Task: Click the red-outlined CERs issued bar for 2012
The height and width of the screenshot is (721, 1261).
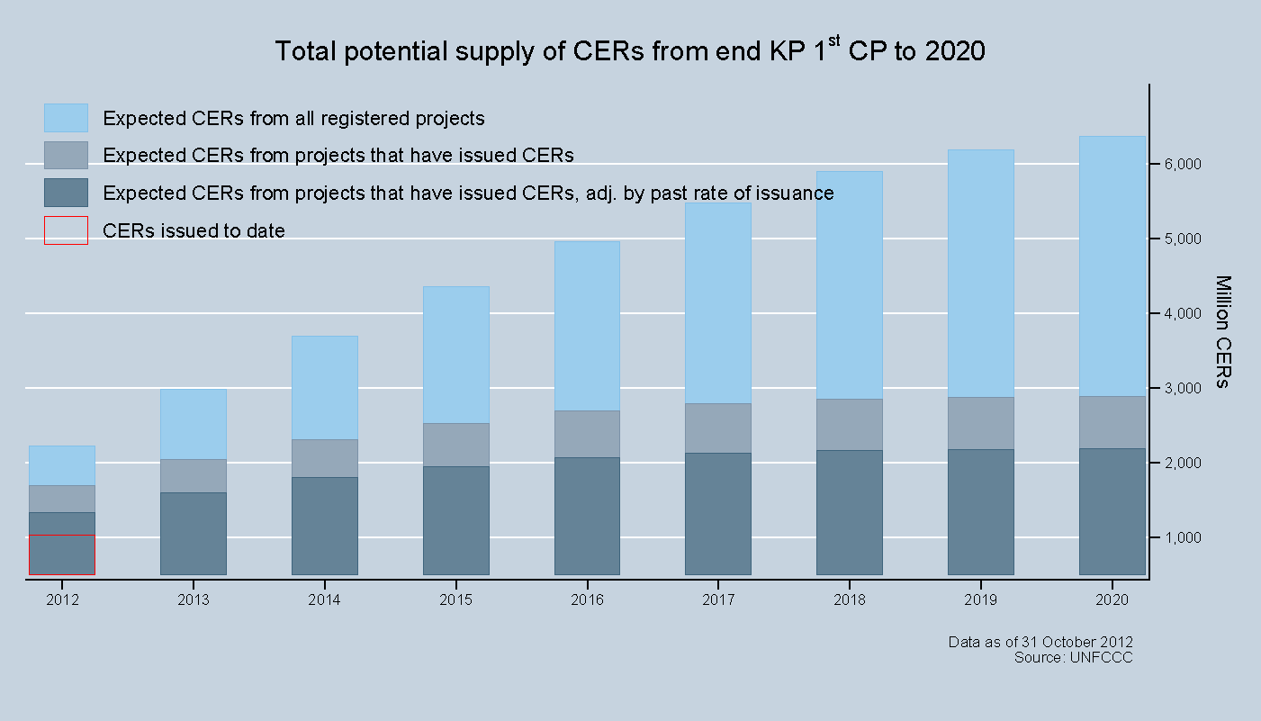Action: point(62,554)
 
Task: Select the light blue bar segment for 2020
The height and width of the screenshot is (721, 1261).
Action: point(1112,266)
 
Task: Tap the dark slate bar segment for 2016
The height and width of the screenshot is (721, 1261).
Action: point(587,516)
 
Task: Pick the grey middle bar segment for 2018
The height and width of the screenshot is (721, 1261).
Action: point(849,424)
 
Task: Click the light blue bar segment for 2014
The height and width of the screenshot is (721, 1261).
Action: point(324,387)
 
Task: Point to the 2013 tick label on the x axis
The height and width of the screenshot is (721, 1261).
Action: point(193,599)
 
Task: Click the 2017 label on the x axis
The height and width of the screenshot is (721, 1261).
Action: point(717,599)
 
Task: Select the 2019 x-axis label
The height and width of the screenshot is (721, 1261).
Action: point(980,599)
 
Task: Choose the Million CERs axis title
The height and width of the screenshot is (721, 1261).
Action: point(1221,331)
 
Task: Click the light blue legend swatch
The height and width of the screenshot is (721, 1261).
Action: point(66,118)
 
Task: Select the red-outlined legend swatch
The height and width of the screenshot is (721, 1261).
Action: point(66,230)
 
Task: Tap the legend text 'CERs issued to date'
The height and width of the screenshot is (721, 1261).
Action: point(194,231)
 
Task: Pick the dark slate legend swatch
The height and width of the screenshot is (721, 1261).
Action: point(66,193)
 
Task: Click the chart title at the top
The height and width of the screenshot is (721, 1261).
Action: point(630,50)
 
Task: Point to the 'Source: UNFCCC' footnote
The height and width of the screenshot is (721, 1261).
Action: point(1073,658)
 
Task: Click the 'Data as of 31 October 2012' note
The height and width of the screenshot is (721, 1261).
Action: point(1040,642)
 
